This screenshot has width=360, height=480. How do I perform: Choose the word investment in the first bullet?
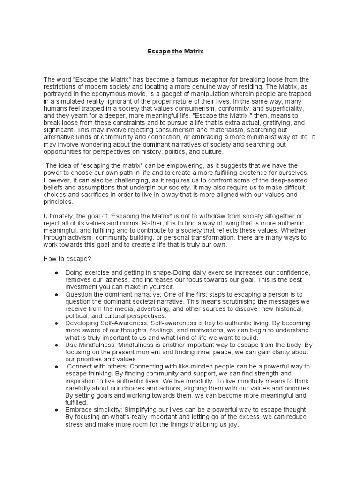83,287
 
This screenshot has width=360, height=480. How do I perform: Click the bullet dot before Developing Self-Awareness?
57,324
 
